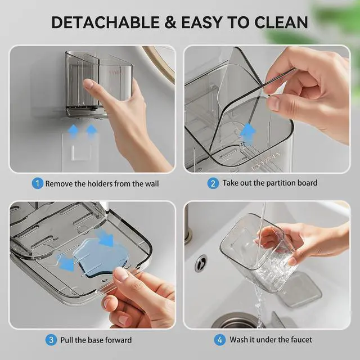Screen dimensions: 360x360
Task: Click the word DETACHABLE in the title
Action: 105,22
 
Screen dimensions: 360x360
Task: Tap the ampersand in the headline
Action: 170,22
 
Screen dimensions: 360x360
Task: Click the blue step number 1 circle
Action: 37,183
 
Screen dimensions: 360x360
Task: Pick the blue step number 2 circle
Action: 213,183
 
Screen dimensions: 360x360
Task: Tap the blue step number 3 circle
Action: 51,340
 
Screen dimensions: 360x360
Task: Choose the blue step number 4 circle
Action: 220,340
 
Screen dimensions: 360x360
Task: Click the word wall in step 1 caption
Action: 151,184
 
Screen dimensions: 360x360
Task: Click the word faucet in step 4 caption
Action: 301,340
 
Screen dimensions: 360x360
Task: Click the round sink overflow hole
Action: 201,263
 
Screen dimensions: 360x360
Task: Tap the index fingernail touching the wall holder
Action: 89,84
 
